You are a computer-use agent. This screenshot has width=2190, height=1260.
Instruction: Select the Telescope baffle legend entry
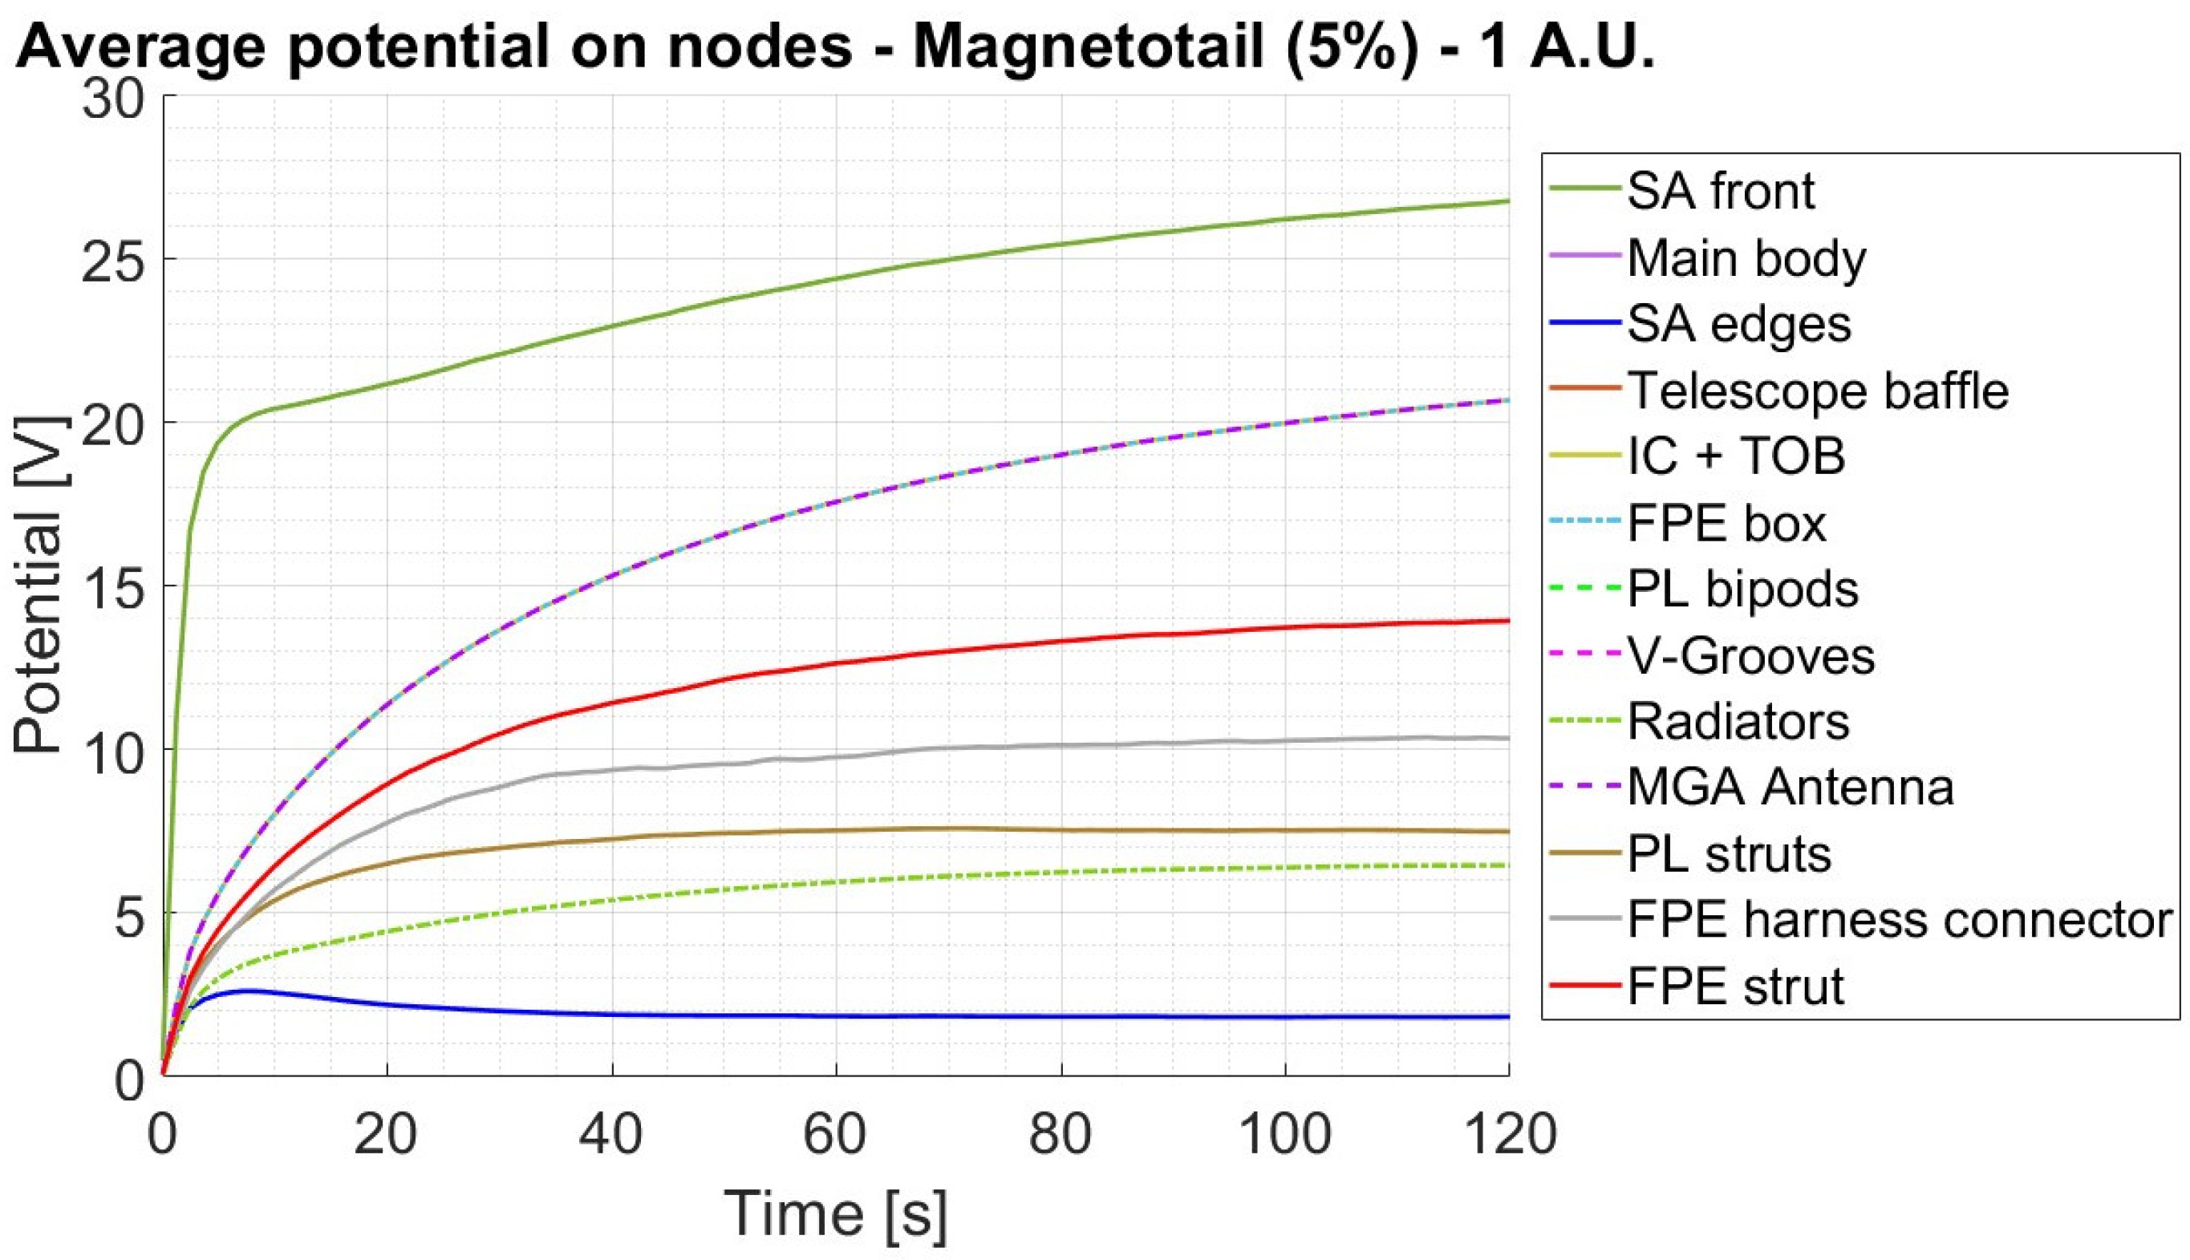click(1817, 391)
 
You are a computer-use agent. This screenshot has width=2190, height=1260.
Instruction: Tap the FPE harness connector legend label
click(1900, 920)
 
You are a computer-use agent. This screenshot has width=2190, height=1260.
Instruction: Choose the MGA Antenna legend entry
click(1791, 788)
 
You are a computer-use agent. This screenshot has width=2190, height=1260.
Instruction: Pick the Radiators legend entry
click(1738, 722)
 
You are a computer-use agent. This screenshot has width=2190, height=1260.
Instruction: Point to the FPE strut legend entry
click(1736, 987)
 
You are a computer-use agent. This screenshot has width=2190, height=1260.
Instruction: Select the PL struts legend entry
click(1729, 854)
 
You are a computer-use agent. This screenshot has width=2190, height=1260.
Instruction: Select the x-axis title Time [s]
click(835, 1213)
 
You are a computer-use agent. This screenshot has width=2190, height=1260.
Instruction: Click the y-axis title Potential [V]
click(39, 585)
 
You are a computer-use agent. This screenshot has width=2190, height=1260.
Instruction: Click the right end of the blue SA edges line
click(1507, 1017)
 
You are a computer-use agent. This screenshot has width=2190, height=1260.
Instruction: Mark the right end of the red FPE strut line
click(1507, 621)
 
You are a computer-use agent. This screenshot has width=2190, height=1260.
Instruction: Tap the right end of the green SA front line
click(1507, 201)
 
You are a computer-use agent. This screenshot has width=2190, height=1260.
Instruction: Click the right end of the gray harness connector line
click(1507, 738)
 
